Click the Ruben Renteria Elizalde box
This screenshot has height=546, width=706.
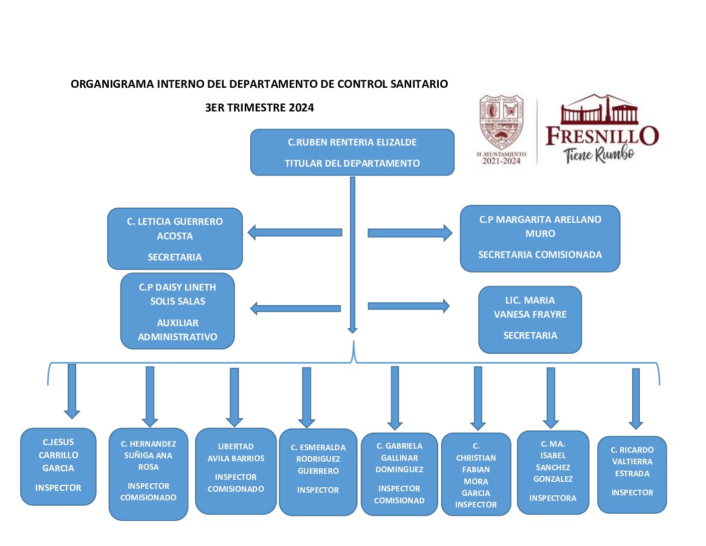(352, 153)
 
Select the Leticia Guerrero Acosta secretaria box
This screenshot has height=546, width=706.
(175, 239)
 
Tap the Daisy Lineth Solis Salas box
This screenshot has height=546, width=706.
(178, 311)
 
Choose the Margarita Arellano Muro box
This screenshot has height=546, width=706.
(540, 238)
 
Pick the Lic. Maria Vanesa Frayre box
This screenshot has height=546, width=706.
(530, 320)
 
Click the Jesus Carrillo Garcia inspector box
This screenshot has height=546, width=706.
(58, 466)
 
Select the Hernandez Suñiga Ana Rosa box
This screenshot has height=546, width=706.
(148, 474)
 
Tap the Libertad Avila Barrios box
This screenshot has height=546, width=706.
(236, 471)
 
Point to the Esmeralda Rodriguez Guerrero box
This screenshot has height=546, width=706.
(318, 472)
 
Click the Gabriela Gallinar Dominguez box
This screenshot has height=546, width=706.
(399, 474)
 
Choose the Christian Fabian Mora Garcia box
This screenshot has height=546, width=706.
(476, 474)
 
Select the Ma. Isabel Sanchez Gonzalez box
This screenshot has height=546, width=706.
(553, 472)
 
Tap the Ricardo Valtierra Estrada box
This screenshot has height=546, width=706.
(632, 474)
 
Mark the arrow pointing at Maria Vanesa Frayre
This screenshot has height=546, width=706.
(408, 306)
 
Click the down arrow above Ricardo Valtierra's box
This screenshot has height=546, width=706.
(636, 398)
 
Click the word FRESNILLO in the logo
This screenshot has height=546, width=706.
(602, 136)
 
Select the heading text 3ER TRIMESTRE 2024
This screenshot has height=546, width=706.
(259, 107)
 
